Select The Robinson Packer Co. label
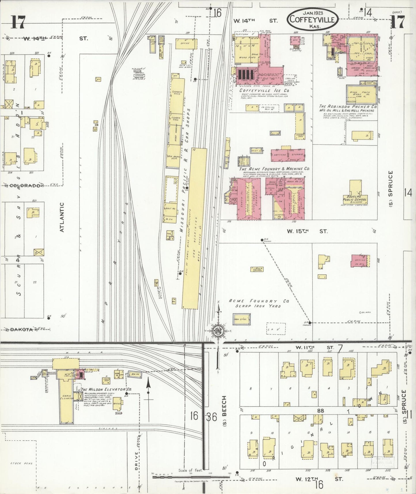click(x=348, y=106)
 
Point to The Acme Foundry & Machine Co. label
click(x=274, y=169)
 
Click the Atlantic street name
click(x=62, y=217)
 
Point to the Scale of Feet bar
click(x=191, y=477)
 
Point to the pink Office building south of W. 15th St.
click(x=360, y=261)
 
